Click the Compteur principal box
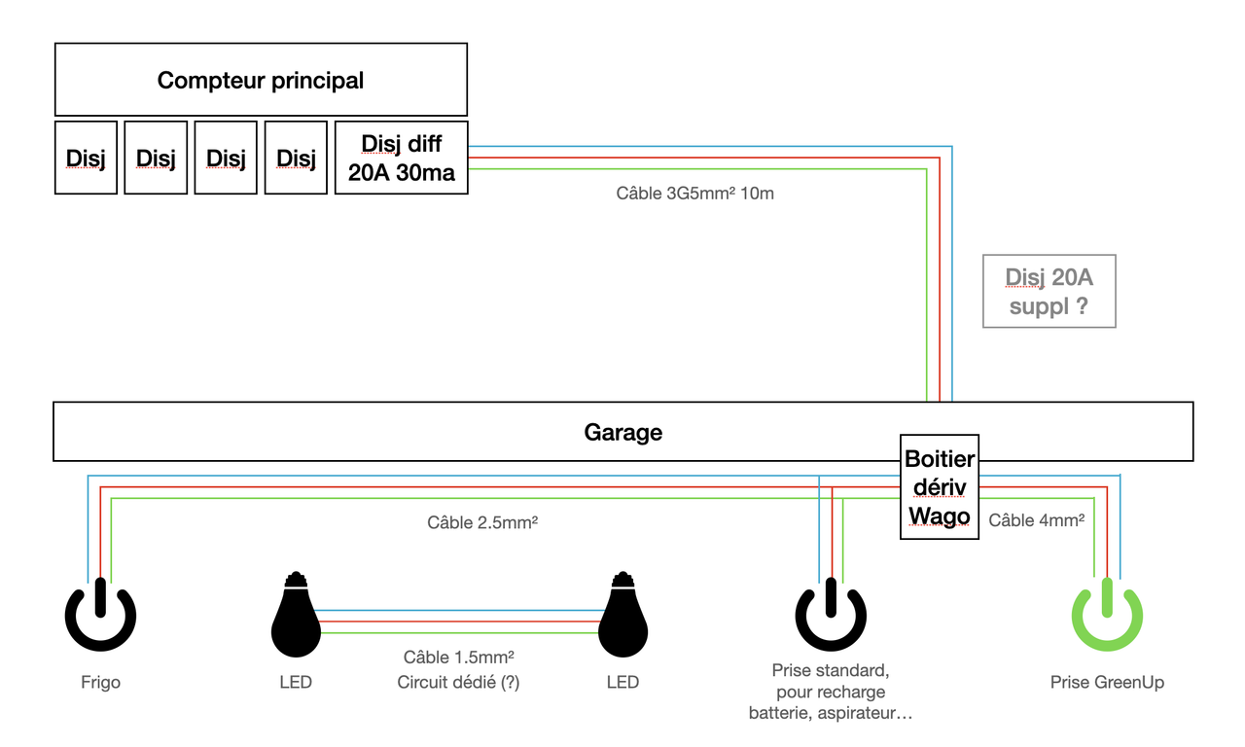click(x=261, y=80)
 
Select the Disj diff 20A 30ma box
click(x=401, y=158)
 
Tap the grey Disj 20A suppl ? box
click(x=1049, y=292)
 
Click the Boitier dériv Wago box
click(x=939, y=487)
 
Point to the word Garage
click(x=622, y=432)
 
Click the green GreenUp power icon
click(x=1107, y=616)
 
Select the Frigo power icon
click(x=100, y=616)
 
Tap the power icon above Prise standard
click(x=831, y=616)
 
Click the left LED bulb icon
click(x=295, y=616)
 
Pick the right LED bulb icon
click(x=622, y=616)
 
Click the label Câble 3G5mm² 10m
click(x=694, y=194)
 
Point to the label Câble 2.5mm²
click(x=482, y=522)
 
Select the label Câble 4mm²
click(x=1037, y=520)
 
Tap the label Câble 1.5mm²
click(x=458, y=658)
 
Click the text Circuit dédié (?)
click(x=458, y=682)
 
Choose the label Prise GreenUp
click(x=1107, y=682)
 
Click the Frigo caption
click(x=100, y=682)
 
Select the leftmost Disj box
click(x=86, y=158)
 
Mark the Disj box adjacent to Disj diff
click(x=296, y=158)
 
